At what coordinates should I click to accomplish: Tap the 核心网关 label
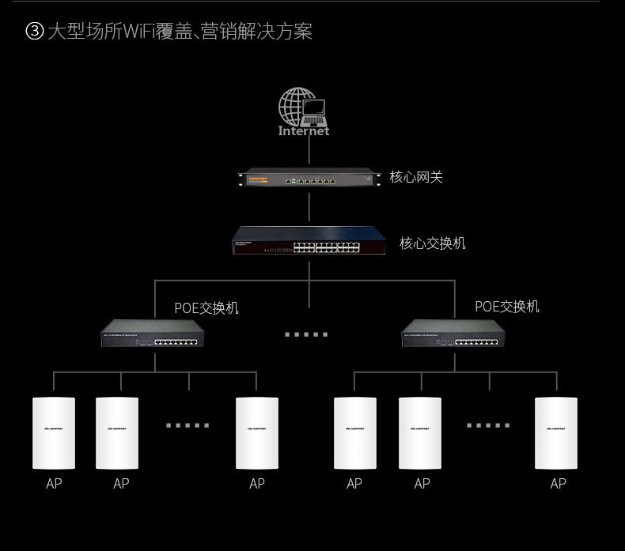416,177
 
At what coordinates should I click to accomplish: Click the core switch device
309,240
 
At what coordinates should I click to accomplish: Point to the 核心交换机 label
433,243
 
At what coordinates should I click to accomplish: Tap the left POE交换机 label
206,308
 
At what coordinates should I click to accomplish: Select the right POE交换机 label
507,306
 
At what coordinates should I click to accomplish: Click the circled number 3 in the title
34,32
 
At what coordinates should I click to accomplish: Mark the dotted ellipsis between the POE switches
306,334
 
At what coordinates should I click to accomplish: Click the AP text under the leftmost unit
53,483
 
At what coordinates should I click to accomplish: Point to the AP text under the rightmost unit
558,483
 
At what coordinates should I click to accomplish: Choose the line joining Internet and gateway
309,153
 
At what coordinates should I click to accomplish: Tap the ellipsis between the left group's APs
187,425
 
